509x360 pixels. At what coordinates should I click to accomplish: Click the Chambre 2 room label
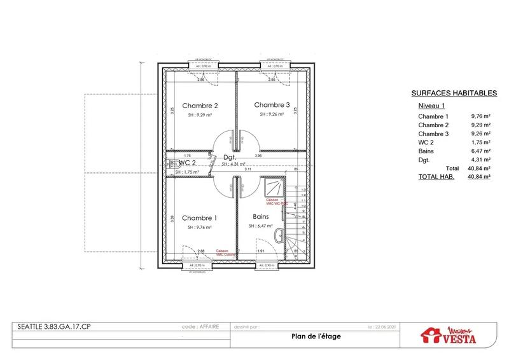[x=200, y=106]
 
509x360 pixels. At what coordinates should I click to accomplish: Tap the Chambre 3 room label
[x=272, y=105]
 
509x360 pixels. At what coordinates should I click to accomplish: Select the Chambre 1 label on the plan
[x=199, y=218]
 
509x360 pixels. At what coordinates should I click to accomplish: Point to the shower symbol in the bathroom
[x=275, y=187]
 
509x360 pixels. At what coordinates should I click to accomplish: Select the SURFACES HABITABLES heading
[x=454, y=92]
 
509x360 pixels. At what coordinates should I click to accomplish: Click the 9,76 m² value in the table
[x=480, y=116]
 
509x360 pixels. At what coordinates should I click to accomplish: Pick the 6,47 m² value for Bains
[x=480, y=151]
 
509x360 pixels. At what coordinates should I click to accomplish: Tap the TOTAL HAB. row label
[x=436, y=177]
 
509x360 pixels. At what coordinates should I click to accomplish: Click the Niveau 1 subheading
[x=431, y=105]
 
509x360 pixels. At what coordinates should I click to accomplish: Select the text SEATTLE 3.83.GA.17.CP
[x=48, y=327]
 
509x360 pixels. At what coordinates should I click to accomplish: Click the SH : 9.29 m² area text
[x=200, y=115]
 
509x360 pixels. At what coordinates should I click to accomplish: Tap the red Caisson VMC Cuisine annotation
[x=222, y=253]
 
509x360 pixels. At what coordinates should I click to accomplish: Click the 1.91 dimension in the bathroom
[x=260, y=251]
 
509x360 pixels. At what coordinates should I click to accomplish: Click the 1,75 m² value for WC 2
[x=480, y=142]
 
